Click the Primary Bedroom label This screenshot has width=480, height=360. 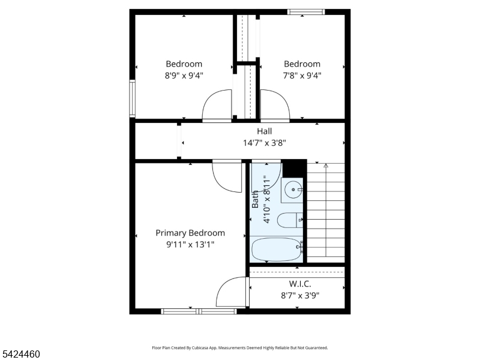pyautogui.click(x=190, y=233)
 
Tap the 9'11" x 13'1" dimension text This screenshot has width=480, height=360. pyautogui.click(x=190, y=245)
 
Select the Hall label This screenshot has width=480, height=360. pyautogui.click(x=264, y=131)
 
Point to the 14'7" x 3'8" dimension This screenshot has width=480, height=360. pyautogui.click(x=264, y=143)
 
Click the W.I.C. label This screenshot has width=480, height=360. pyautogui.click(x=300, y=284)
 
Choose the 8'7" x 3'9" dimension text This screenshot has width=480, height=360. pyautogui.click(x=300, y=296)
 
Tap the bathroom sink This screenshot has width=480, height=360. pyautogui.click(x=293, y=190)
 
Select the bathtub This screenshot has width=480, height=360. pyautogui.click(x=277, y=250)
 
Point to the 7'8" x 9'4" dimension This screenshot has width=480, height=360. pyautogui.click(x=302, y=76)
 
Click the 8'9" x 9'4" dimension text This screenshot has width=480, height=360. pyautogui.click(x=184, y=76)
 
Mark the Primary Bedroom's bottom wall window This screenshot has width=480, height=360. pyautogui.click(x=199, y=311)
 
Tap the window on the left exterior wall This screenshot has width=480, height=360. pyautogui.click(x=132, y=98)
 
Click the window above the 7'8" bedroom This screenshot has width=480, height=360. pyautogui.click(x=306, y=12)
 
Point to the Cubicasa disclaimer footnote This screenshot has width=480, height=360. pyautogui.click(x=240, y=348)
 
